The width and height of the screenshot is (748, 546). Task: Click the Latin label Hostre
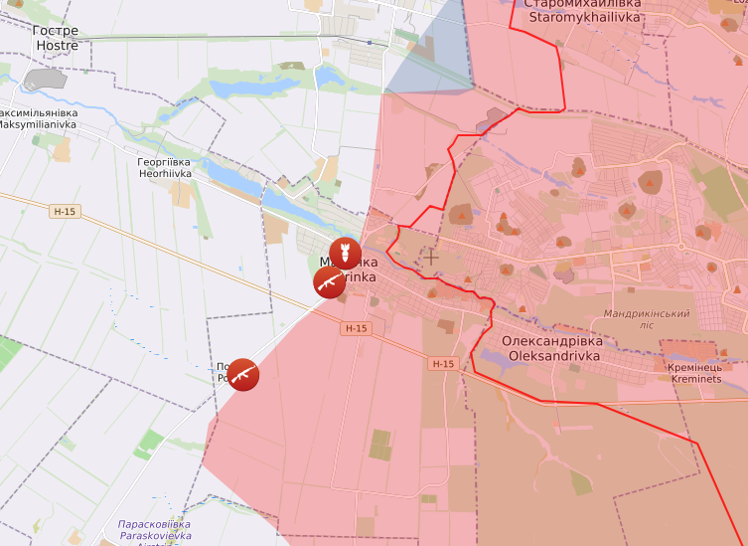(56, 46)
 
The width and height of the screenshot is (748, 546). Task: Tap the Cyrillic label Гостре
(56, 31)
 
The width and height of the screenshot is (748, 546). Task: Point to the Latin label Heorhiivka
(165, 173)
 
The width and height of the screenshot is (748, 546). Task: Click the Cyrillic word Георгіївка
(165, 161)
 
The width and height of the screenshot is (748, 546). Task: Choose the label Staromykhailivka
(584, 17)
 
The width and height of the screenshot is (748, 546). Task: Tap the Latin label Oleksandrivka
(555, 355)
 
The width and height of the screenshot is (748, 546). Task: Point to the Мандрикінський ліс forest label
(647, 319)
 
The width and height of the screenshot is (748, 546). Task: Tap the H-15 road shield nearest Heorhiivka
(65, 212)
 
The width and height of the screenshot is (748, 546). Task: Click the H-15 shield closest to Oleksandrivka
(443, 364)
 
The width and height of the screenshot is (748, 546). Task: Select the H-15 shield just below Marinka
(356, 328)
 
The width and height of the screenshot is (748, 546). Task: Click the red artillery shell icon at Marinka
(345, 254)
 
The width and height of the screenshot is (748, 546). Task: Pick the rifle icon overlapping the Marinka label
(329, 282)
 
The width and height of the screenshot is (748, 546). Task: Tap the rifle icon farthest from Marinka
(243, 374)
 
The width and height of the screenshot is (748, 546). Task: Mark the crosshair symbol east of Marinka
(430, 257)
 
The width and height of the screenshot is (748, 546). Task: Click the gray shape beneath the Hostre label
(45, 79)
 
